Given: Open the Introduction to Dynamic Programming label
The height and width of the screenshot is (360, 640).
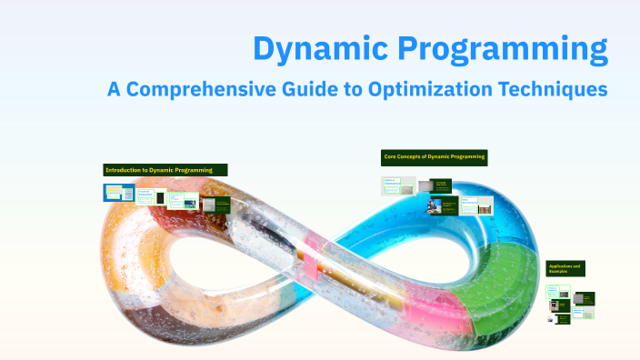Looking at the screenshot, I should pyautogui.click(x=165, y=170).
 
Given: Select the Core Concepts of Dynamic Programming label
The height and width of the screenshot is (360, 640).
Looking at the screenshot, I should pyautogui.click(x=435, y=157).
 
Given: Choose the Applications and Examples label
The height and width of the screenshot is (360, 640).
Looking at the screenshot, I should pyautogui.click(x=565, y=268).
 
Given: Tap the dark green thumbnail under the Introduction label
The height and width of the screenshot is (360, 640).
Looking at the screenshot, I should pyautogui.click(x=215, y=205).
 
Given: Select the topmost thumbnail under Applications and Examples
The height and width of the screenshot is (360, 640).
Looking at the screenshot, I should pyautogui.click(x=554, y=292).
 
